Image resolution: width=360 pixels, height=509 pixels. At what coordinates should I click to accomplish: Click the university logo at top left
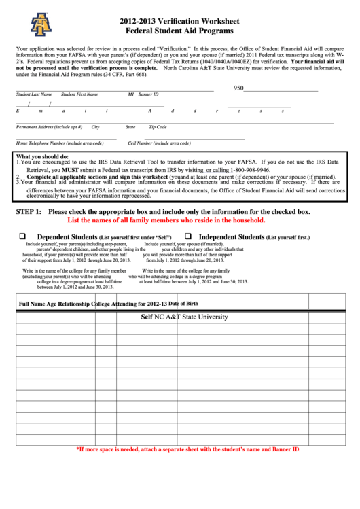click(41, 24)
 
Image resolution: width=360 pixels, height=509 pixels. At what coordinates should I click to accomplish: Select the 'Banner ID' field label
click(148, 94)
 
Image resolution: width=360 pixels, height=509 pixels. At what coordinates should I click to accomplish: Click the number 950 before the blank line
click(238, 88)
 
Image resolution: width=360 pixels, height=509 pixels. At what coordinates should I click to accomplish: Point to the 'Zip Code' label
click(158, 127)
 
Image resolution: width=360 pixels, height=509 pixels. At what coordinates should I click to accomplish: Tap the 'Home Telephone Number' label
click(60, 143)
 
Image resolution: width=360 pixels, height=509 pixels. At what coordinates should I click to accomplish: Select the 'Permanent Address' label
click(49, 127)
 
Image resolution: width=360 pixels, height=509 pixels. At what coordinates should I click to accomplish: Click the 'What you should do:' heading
click(42, 156)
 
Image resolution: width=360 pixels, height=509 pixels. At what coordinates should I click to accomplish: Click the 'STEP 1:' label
click(30, 212)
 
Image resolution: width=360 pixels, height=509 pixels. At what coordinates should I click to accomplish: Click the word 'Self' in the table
click(146, 317)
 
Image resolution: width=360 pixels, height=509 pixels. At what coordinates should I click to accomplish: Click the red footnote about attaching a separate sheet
click(187, 449)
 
